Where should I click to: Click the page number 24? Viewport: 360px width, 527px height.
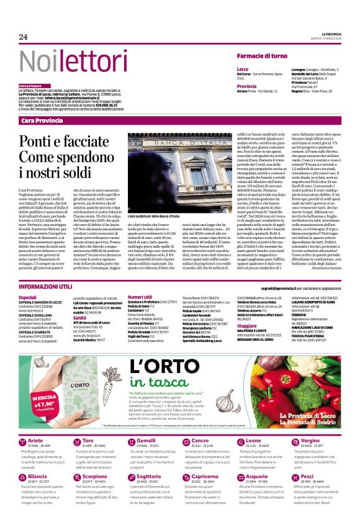(x=23, y=37)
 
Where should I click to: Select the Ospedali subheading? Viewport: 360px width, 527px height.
(x=29, y=298)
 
